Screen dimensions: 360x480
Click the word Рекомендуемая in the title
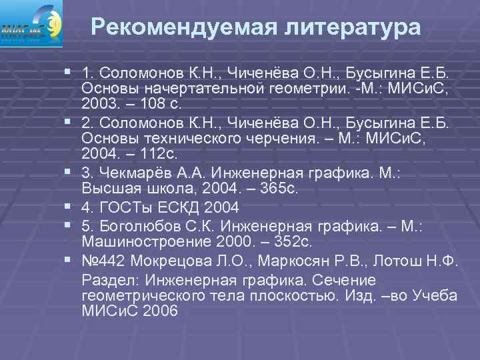[177, 27]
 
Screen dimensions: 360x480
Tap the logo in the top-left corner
[32, 23]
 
